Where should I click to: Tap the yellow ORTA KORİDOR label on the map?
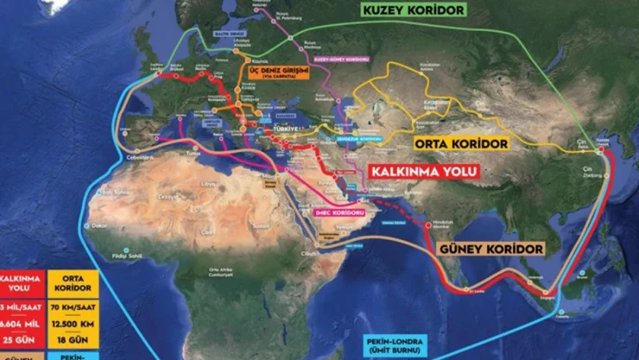[461, 143]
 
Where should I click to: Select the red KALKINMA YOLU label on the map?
[423, 171]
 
